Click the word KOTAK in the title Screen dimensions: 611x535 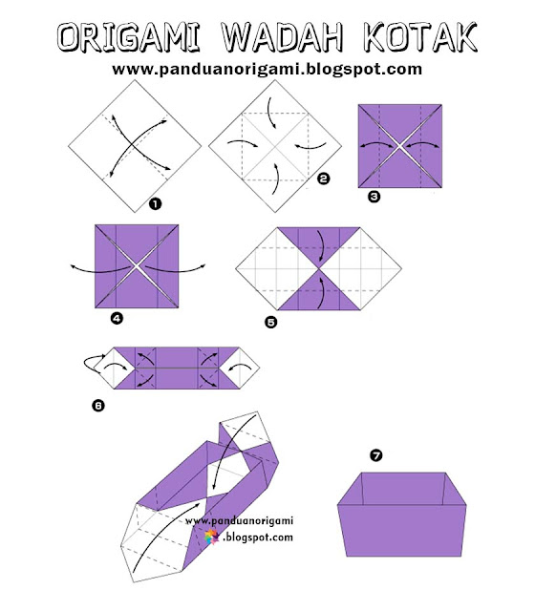(419, 37)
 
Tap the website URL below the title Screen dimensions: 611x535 (267, 70)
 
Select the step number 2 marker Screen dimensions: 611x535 (323, 178)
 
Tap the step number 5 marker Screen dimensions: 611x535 (271, 322)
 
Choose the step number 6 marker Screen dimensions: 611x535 (97, 405)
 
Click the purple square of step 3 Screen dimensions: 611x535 (399, 146)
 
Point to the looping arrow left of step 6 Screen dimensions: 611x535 (92, 364)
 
